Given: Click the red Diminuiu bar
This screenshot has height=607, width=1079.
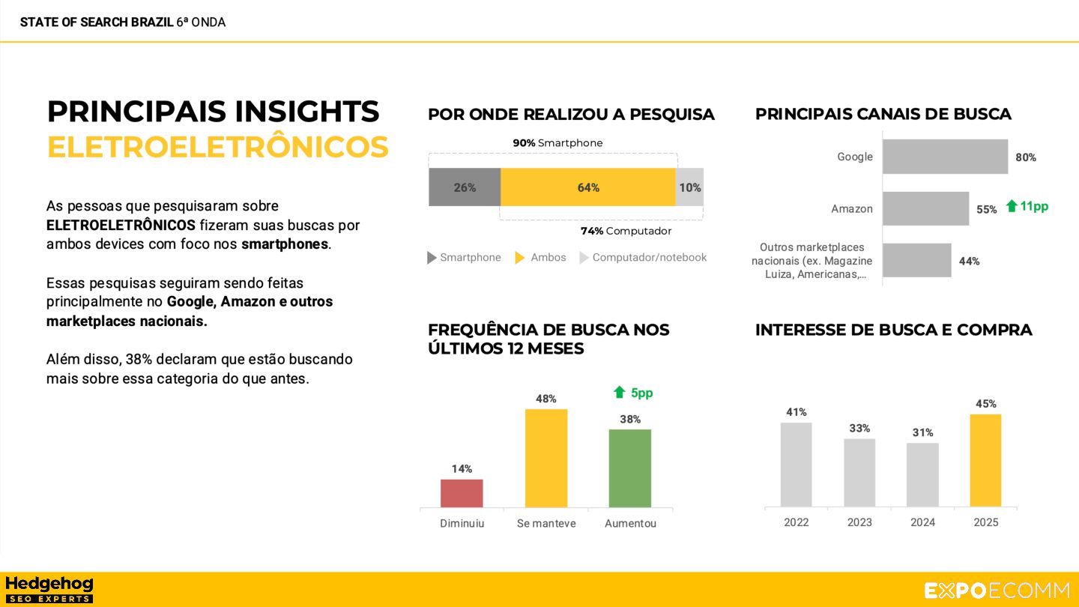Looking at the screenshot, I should click(x=462, y=493).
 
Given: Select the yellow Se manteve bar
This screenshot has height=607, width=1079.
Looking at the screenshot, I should click(x=546, y=458).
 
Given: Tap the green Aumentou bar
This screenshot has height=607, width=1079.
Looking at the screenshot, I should click(x=629, y=468).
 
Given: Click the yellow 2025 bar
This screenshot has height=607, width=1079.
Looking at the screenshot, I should click(x=985, y=460).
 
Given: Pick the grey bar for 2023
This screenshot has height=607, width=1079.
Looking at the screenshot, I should click(x=859, y=472).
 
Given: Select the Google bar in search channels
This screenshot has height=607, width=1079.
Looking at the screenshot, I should click(x=945, y=157).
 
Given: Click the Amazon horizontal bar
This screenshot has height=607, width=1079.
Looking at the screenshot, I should click(x=925, y=208).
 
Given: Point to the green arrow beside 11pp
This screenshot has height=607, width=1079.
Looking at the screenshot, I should click(x=1012, y=206).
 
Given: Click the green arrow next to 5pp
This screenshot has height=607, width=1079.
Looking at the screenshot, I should click(x=619, y=392).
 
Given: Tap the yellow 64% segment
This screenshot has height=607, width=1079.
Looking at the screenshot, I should click(x=588, y=187).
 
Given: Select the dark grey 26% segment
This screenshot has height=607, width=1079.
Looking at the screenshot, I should click(x=465, y=187).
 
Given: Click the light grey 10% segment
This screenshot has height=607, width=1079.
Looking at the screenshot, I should click(x=690, y=187).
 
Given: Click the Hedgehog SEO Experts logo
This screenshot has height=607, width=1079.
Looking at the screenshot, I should click(x=49, y=589).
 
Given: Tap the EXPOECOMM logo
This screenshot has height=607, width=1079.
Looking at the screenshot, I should click(x=997, y=591).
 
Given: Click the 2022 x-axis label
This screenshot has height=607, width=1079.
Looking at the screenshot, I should click(x=797, y=522).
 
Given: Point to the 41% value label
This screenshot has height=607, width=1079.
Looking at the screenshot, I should click(x=797, y=412).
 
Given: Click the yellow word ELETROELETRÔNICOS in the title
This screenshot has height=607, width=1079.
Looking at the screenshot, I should click(x=218, y=147).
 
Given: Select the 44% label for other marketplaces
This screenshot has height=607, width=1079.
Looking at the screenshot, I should click(x=970, y=262).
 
